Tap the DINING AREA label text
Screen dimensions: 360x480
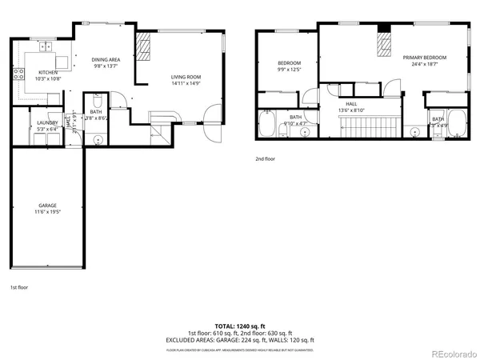[x=105, y=59]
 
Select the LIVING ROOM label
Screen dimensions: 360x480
[x=185, y=77]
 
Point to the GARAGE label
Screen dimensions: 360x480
[x=47, y=206]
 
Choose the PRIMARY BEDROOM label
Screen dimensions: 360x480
[x=424, y=58]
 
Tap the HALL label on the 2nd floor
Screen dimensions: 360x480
[x=351, y=104]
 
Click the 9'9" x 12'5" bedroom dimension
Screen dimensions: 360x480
[x=289, y=70]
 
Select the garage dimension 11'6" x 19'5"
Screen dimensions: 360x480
[x=47, y=213]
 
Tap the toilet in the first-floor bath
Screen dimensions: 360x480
[x=96, y=102]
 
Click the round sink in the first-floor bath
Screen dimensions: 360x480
[x=98, y=139]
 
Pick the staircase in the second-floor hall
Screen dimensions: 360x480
[x=368, y=126]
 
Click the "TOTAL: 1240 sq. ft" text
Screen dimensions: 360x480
[x=240, y=327]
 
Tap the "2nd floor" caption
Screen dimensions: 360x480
[x=265, y=158]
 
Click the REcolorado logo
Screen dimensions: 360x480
[x=453, y=352]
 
